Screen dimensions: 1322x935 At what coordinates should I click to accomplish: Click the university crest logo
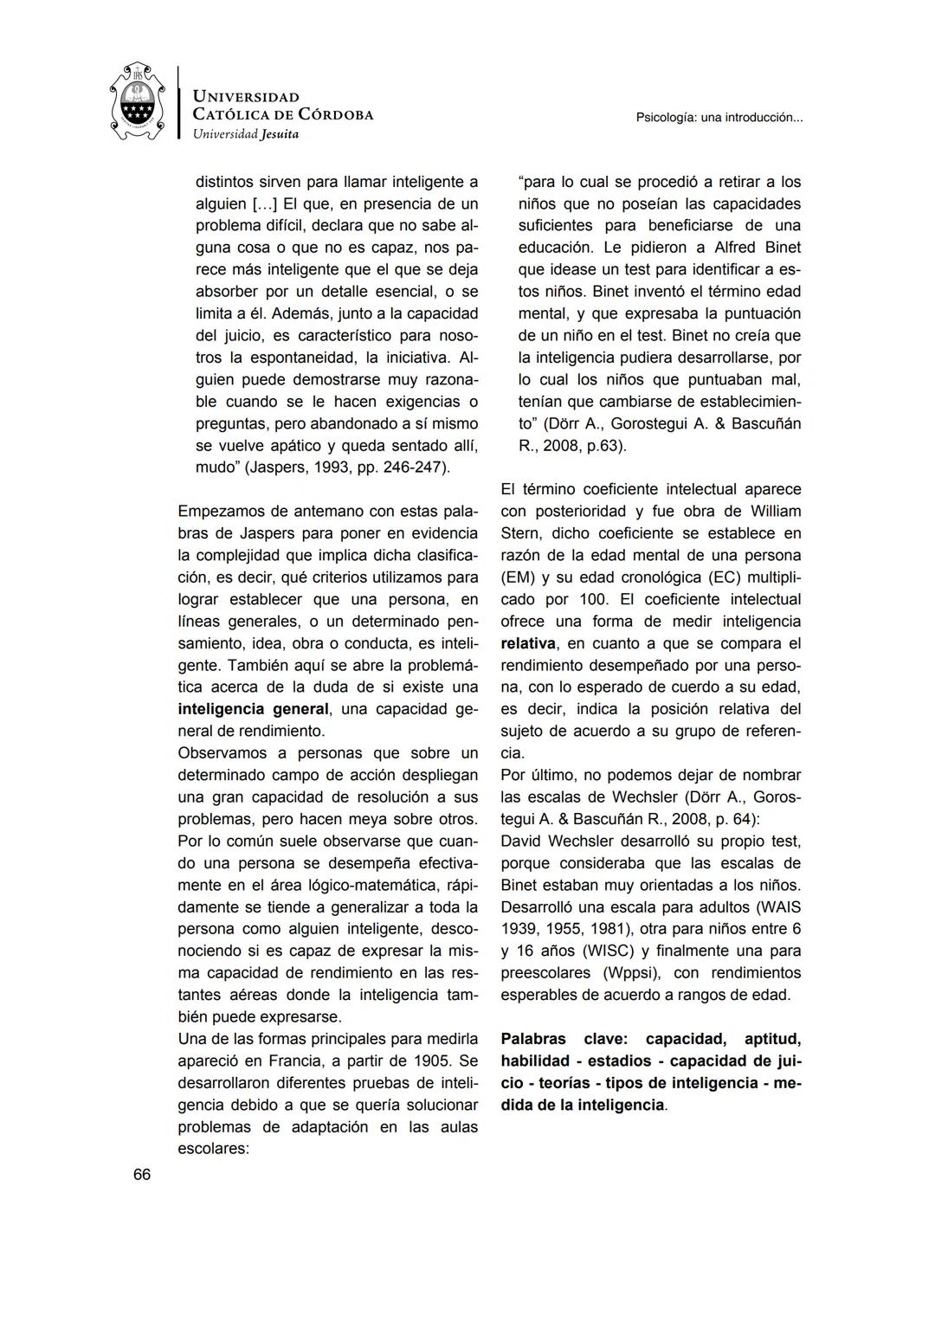(138, 101)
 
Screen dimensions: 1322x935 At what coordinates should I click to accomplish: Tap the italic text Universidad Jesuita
(246, 134)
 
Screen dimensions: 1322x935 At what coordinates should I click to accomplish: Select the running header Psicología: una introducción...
(719, 118)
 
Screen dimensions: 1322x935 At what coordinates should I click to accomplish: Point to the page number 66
(142, 1175)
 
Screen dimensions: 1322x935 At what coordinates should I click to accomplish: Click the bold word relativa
(528, 643)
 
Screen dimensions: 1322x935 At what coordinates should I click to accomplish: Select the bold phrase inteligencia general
(253, 709)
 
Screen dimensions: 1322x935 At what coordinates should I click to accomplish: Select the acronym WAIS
(779, 907)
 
